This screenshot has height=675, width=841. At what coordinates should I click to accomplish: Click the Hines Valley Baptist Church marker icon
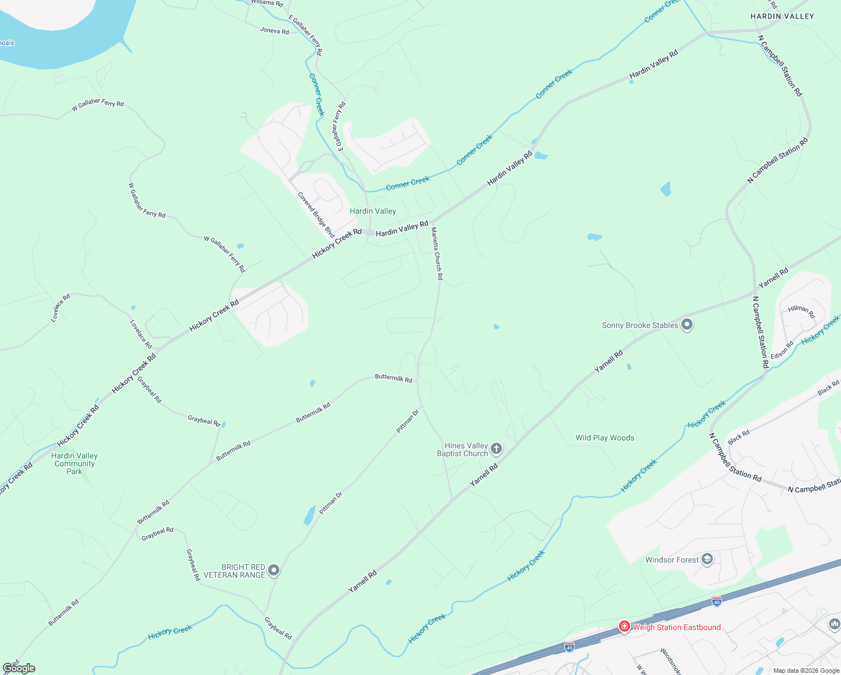click(496, 448)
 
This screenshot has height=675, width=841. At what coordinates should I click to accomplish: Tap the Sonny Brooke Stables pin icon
click(686, 325)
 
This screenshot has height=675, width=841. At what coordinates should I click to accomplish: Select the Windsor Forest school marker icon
click(707, 559)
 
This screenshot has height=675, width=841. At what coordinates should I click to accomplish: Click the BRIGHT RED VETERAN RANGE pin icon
click(274, 570)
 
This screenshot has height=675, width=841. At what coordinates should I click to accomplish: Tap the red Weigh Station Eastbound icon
click(624, 627)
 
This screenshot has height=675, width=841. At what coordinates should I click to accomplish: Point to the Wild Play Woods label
click(605, 438)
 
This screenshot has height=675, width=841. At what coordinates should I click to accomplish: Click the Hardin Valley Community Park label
click(74, 463)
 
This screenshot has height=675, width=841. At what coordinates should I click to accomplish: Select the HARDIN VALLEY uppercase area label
click(782, 16)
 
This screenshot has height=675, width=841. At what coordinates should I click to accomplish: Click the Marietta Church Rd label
click(437, 253)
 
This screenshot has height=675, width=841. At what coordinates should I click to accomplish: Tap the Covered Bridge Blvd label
click(316, 215)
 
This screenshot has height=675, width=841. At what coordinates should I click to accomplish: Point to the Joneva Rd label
click(274, 31)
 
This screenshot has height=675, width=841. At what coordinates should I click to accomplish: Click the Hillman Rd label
click(801, 310)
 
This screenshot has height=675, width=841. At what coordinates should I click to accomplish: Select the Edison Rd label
click(782, 350)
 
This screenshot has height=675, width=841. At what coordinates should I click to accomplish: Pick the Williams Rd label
click(267, 3)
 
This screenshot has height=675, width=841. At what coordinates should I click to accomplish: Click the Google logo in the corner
click(19, 668)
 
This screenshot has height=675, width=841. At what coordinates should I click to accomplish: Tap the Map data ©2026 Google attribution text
click(806, 670)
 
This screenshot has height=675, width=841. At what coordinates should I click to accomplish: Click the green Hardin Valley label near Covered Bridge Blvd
click(373, 211)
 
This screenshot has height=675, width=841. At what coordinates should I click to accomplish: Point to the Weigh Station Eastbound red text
click(677, 627)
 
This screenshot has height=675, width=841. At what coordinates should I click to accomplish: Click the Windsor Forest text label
click(672, 560)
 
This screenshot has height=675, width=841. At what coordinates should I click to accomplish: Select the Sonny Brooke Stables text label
click(640, 325)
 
